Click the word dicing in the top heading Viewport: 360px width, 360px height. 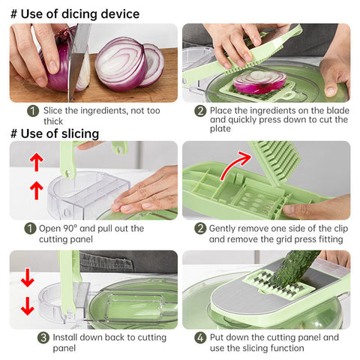tap(79, 14)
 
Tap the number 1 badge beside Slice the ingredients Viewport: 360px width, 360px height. tap(33, 111)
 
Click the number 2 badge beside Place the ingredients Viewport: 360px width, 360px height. tap(200, 111)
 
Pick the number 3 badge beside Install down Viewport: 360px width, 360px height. tap(43, 337)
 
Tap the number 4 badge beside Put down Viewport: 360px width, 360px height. tap(200, 337)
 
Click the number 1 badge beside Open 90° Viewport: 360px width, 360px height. tap(30, 229)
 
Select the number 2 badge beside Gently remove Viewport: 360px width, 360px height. tap(200, 229)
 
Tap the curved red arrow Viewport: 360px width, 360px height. tap(235, 163)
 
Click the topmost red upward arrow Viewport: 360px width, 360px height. tap(37, 162)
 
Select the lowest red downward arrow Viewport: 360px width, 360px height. tap(28, 306)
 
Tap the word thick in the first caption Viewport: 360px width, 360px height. tap(53, 121)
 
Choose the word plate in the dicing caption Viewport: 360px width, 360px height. tap(220, 129)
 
